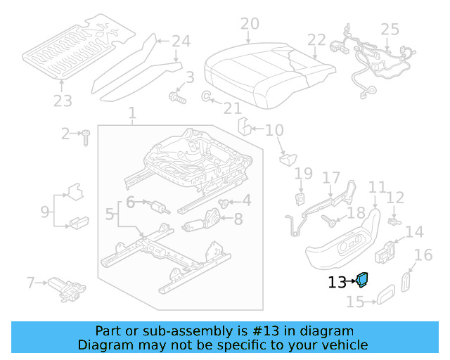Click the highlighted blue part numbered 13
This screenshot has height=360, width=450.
point(364,279)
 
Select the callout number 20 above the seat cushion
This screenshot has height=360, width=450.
point(249,25)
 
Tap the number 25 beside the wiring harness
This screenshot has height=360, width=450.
point(390,30)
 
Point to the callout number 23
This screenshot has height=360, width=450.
point(63,101)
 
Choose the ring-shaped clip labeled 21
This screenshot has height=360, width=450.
point(207,96)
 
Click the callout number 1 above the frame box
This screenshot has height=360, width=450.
point(133,112)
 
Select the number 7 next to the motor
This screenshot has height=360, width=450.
point(30,283)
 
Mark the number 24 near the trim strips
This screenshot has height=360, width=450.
point(181,41)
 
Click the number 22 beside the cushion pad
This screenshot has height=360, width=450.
point(316,40)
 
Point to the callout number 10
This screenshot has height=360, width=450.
point(274,130)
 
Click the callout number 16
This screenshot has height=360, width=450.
point(423,255)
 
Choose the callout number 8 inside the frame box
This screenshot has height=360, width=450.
point(238,219)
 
